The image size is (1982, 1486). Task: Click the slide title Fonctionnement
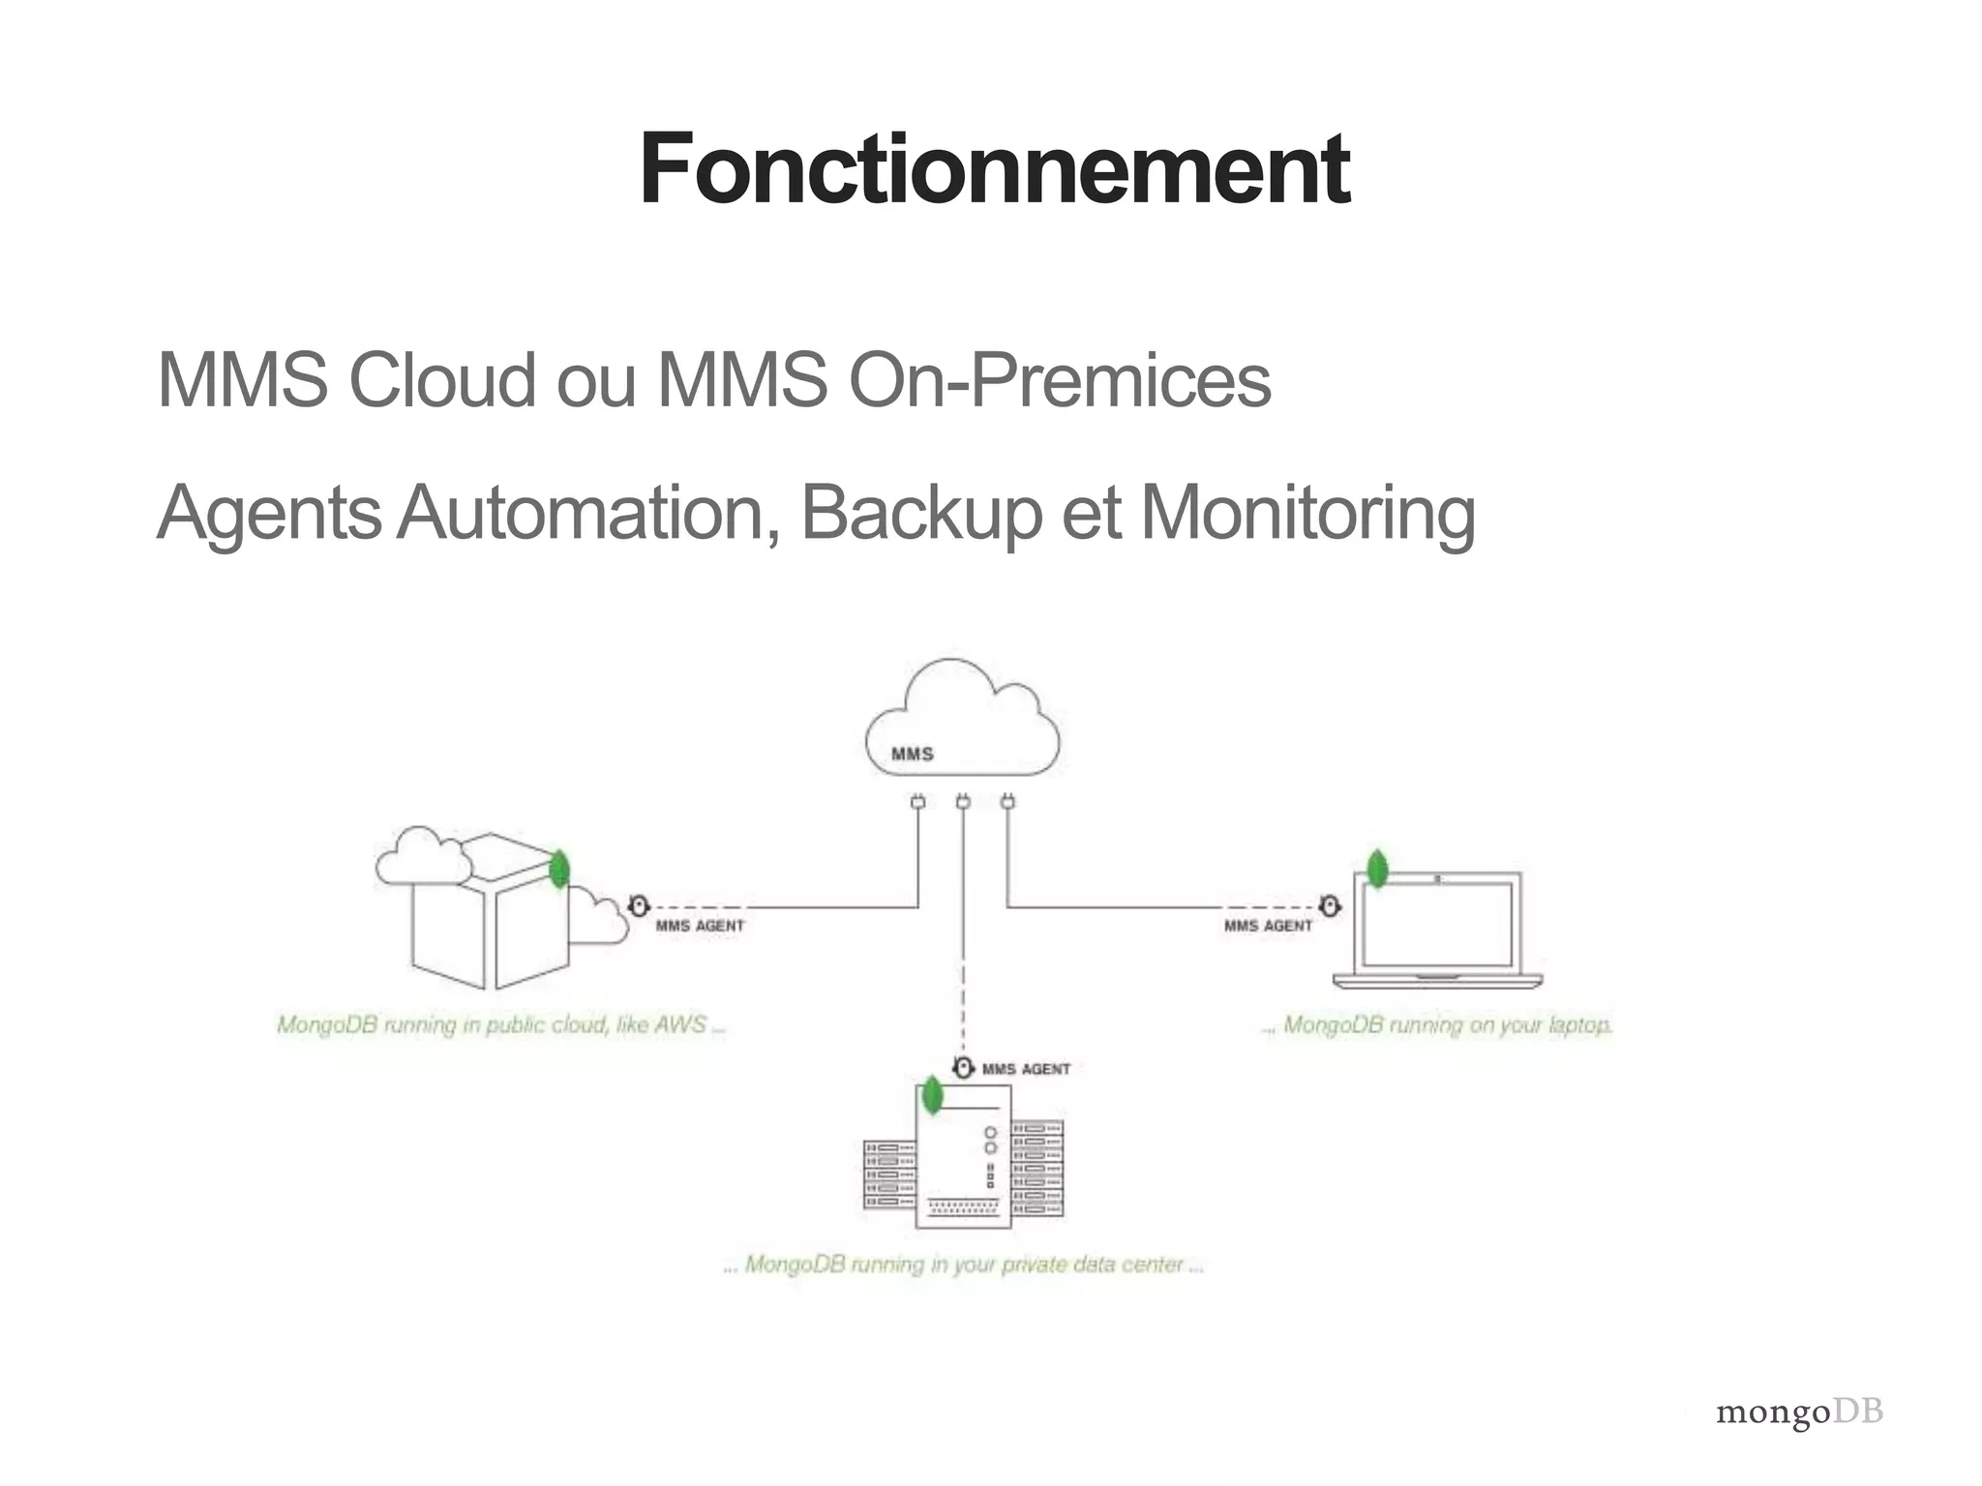994,170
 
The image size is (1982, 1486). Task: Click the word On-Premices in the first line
1060,380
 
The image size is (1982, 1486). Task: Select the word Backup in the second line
920,513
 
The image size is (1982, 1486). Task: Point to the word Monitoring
1308,513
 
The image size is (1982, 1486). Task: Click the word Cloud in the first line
442,380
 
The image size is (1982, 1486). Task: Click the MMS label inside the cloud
912,754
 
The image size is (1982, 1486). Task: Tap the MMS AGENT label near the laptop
1268,926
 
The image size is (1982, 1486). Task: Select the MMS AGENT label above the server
1026,1069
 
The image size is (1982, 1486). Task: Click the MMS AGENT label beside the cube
700,926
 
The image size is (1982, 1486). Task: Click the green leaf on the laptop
1376,869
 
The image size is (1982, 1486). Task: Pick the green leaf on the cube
558,869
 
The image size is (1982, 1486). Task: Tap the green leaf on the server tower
932,1095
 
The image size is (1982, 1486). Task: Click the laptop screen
1437,924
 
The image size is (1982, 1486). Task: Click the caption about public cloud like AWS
500,1025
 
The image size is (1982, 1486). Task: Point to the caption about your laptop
1437,1025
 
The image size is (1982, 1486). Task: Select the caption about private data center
963,1264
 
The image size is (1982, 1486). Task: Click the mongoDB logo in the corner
1799,1413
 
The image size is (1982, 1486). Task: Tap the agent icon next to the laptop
1330,906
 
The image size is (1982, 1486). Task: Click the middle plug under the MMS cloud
962,802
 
